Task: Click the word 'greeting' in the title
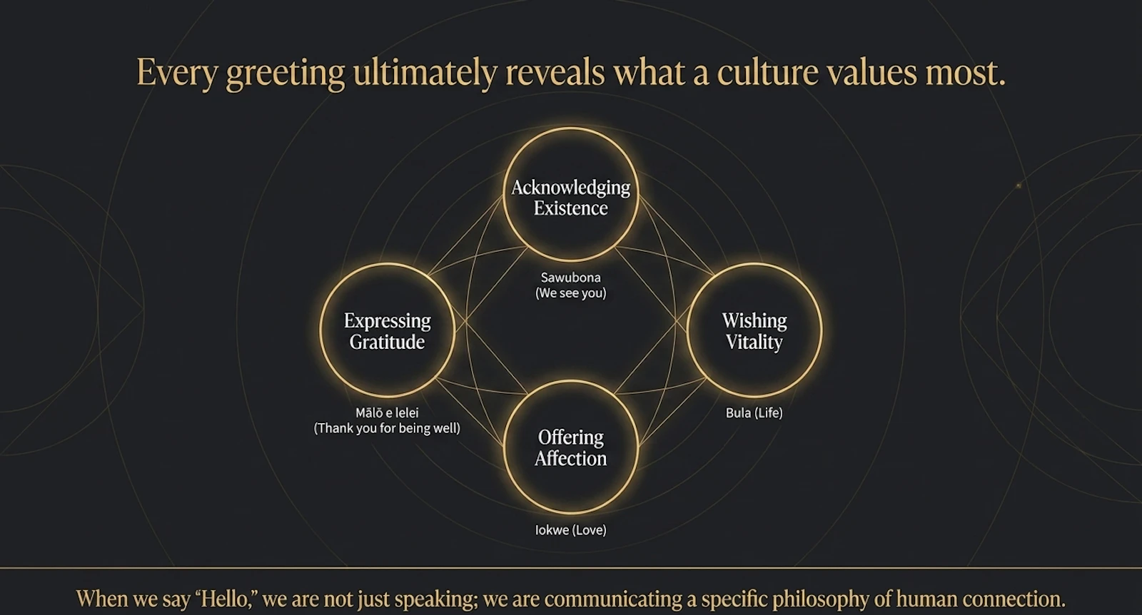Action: click(x=285, y=73)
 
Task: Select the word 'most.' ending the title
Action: click(x=965, y=73)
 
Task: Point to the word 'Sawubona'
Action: click(x=570, y=278)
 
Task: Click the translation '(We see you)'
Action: click(x=570, y=293)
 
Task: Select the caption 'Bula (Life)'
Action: click(x=754, y=412)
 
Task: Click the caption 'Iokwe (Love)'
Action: click(x=570, y=530)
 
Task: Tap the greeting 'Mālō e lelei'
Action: click(x=387, y=412)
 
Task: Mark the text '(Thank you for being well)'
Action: click(x=387, y=428)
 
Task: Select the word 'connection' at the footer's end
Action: click(x=1008, y=599)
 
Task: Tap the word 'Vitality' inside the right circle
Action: click(x=754, y=342)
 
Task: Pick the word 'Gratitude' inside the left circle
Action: click(x=387, y=342)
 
